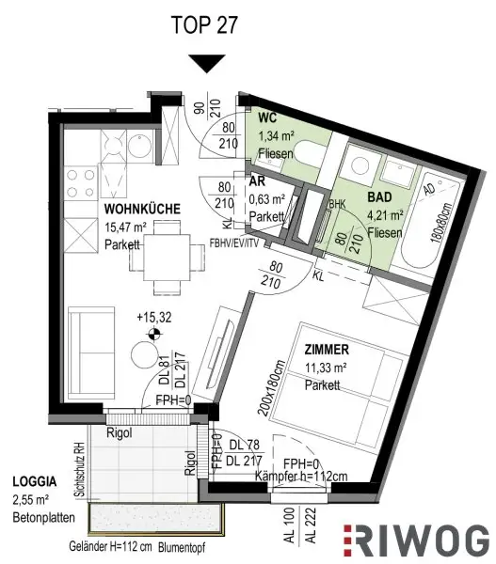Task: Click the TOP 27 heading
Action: (205, 23)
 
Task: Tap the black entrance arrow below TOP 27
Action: (205, 64)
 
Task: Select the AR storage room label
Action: (255, 182)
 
